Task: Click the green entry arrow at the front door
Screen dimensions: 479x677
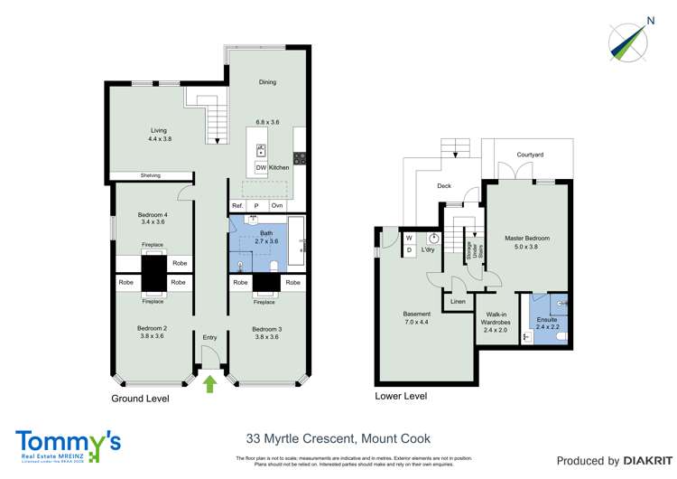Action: [x=209, y=385]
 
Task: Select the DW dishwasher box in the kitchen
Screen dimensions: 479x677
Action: [x=261, y=168]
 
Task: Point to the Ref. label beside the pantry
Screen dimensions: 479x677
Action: [x=238, y=206]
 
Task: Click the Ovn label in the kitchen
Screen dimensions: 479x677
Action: [x=277, y=206]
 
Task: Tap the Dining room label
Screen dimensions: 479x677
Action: [x=267, y=82]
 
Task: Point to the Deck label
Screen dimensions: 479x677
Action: [x=444, y=187]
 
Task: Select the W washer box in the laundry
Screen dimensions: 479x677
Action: [x=408, y=238]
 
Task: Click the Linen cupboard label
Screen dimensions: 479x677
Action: [x=459, y=301]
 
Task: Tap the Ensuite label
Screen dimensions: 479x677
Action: [x=547, y=320]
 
